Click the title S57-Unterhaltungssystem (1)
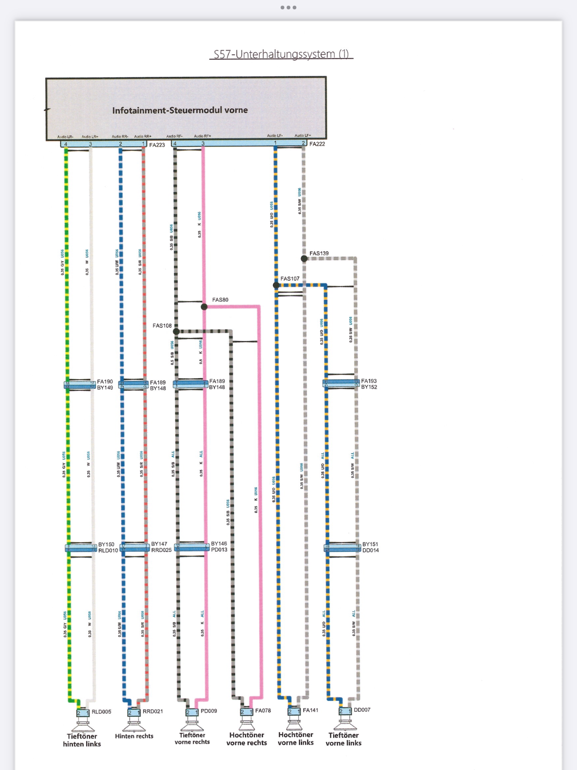point(281,54)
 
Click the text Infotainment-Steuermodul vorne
point(180,110)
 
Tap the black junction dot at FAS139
point(304,258)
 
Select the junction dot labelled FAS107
point(276,285)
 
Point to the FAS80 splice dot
point(204,307)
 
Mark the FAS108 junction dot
point(176,331)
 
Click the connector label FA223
point(157,145)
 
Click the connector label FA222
point(317,144)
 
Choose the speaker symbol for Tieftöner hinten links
point(83,724)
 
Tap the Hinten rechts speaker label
point(134,736)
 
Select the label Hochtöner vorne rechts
point(247,739)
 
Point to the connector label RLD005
point(101,712)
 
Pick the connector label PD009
point(209,711)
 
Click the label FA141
point(311,710)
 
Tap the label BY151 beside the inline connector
point(370,544)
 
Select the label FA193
point(369,381)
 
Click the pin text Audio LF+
point(303,135)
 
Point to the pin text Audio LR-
point(65,137)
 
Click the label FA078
point(263,711)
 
